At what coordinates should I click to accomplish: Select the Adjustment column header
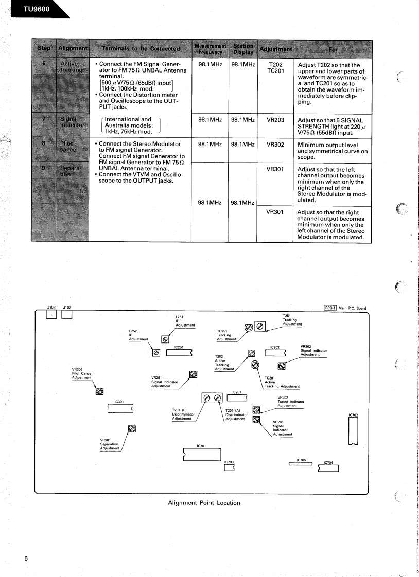coord(276,49)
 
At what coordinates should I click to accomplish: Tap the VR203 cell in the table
coord(275,120)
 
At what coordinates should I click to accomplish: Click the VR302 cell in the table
coord(275,145)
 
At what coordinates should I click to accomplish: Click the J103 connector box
coord(51,314)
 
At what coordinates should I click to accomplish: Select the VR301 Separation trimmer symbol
coord(132,428)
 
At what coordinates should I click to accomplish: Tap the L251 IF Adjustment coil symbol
coord(165,339)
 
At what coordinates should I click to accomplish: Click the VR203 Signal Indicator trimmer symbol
coord(282,366)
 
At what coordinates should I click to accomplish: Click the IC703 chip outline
coord(230,468)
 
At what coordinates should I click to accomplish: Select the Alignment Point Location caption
coord(204,503)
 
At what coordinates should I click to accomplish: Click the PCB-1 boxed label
coord(329,308)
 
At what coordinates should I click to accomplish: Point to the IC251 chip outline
coord(179,353)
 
